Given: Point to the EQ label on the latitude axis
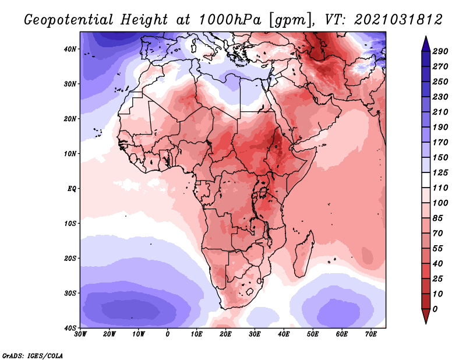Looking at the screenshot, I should [x=71, y=189].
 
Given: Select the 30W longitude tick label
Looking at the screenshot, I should [x=81, y=334].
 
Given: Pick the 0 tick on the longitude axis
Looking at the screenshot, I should [x=168, y=334].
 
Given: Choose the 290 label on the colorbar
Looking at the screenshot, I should [x=440, y=51].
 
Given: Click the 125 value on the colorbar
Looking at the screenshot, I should [x=440, y=173].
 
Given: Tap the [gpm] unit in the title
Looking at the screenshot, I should [x=285, y=19].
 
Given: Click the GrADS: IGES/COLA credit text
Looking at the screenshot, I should [x=33, y=355].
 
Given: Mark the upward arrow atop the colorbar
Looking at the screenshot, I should [x=426, y=42].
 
